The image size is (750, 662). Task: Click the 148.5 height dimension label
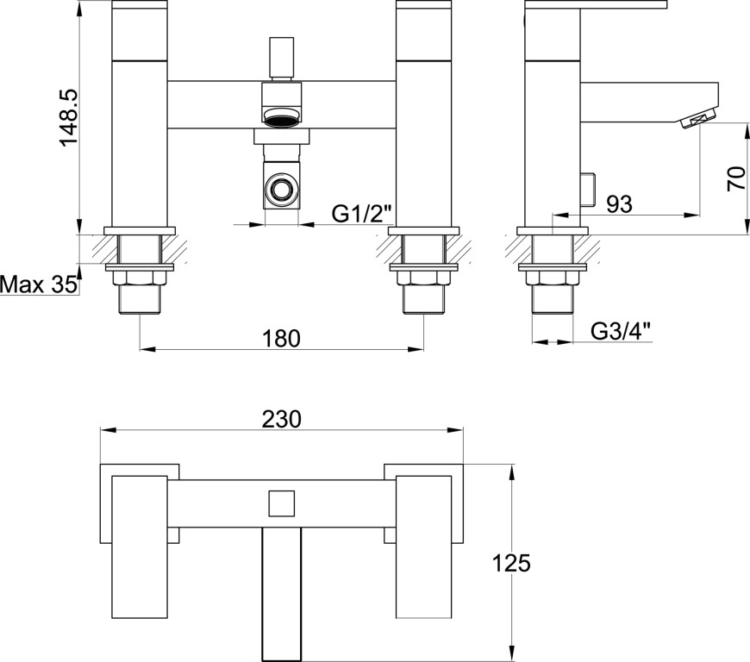tap(67, 117)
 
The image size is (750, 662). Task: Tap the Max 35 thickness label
tap(38, 284)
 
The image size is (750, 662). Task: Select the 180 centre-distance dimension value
tap(281, 338)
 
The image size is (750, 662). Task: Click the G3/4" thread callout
tap(622, 331)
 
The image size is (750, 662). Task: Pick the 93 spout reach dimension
tap(620, 204)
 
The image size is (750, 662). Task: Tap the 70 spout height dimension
tap(736, 178)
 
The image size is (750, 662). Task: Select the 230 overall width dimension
tap(282, 419)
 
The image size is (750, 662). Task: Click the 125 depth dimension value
tap(511, 563)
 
